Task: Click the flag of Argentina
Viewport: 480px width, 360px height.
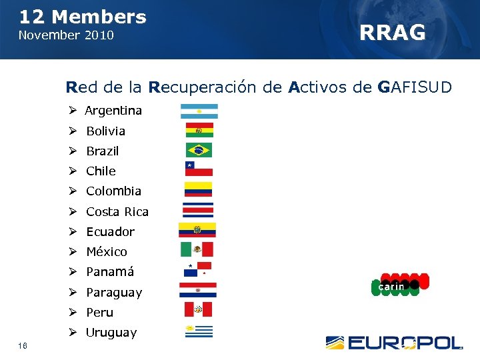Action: (x=199, y=111)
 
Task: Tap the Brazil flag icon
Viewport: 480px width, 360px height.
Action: (x=199, y=150)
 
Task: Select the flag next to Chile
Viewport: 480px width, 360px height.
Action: (x=199, y=169)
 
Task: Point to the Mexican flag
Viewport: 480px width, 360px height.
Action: (x=197, y=249)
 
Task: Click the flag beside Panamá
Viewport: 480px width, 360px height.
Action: (x=197, y=270)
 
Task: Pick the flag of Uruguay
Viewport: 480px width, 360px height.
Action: (x=198, y=331)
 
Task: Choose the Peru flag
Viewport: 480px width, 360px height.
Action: (x=198, y=309)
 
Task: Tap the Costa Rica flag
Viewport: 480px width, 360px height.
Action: (x=198, y=210)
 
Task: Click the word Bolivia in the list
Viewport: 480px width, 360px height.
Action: (x=105, y=131)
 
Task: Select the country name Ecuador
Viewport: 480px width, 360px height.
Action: (x=110, y=232)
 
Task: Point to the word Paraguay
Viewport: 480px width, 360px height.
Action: (x=114, y=293)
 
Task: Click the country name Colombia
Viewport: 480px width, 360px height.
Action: (x=113, y=191)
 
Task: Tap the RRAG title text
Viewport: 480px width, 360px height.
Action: (x=392, y=32)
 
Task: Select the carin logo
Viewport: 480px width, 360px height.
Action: (x=399, y=285)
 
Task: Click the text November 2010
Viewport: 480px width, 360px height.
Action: (x=66, y=35)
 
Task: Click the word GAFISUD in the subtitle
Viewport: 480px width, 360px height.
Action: (x=414, y=87)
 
